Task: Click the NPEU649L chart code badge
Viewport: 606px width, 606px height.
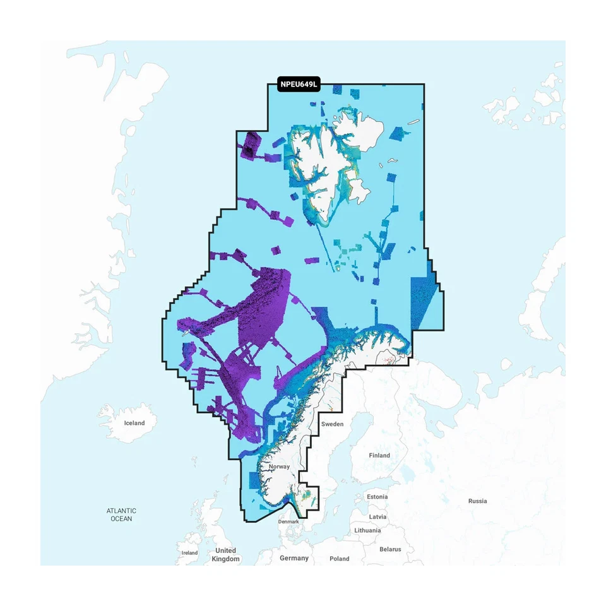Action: pyautogui.click(x=299, y=84)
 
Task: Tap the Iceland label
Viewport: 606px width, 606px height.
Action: pyautogui.click(x=134, y=423)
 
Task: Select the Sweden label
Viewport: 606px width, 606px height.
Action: pyautogui.click(x=332, y=424)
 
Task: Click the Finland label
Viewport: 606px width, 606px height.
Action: pyautogui.click(x=379, y=455)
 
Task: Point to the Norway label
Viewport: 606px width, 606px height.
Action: pyautogui.click(x=279, y=467)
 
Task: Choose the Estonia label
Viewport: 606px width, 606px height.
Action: pyautogui.click(x=377, y=497)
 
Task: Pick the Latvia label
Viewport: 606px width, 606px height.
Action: pyautogui.click(x=377, y=516)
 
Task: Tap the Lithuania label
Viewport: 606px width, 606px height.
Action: pyautogui.click(x=367, y=530)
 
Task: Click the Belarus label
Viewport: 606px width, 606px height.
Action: pyautogui.click(x=390, y=549)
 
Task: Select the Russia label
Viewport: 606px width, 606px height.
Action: pyautogui.click(x=477, y=501)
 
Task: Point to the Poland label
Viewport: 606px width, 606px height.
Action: pyautogui.click(x=339, y=559)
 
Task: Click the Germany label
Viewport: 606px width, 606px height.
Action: pyautogui.click(x=294, y=558)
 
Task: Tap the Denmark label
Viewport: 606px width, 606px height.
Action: pyautogui.click(x=288, y=522)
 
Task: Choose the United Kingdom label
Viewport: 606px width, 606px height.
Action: pyautogui.click(x=225, y=555)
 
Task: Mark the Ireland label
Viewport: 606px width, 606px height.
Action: pyautogui.click(x=189, y=553)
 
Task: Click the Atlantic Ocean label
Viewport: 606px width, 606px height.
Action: pyautogui.click(x=121, y=514)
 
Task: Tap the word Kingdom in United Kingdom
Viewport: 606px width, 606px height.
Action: pyautogui.click(x=225, y=559)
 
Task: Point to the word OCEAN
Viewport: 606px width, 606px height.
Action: pyautogui.click(x=121, y=519)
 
